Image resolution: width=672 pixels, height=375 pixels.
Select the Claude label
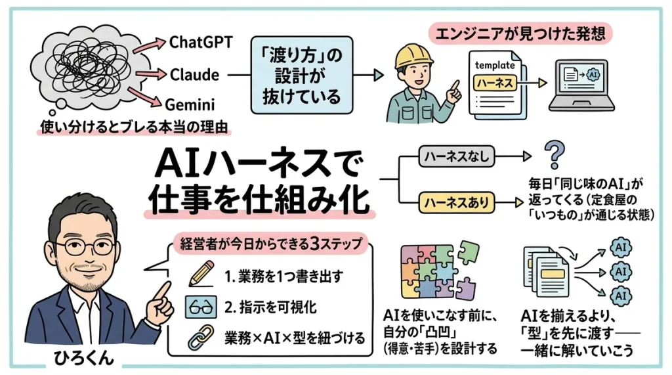click(x=194, y=74)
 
